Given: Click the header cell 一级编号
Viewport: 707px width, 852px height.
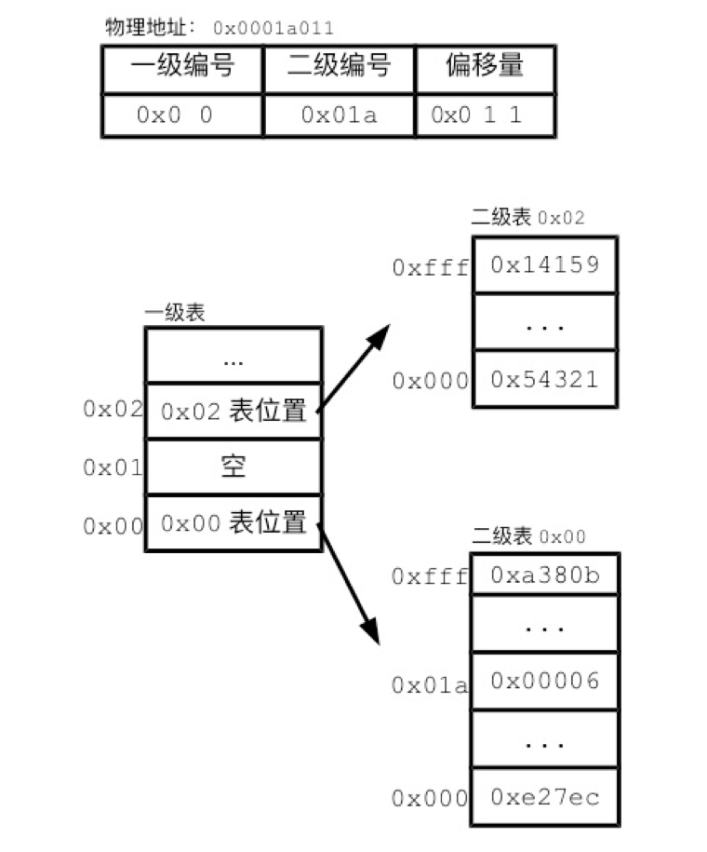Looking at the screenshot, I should click(181, 67).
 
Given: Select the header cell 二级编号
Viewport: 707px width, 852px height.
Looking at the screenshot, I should click(339, 67).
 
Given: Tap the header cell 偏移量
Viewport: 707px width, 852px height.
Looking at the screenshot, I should click(485, 67).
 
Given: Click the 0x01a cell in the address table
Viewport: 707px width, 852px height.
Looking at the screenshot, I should click(339, 115).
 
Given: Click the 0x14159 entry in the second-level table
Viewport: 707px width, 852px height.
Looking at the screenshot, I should click(545, 264).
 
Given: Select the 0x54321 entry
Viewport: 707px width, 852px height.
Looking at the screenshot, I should click(545, 379).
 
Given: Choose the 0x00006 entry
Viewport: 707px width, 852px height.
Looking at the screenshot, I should click(545, 682).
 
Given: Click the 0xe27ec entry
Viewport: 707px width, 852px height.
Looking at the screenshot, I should click(545, 797).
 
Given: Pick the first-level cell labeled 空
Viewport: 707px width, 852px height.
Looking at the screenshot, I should click(233, 466).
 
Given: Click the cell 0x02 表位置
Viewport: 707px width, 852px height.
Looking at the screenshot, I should click(233, 411).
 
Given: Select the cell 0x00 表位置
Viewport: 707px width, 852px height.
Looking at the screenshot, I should click(233, 523).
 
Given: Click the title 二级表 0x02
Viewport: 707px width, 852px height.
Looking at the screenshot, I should click(528, 218).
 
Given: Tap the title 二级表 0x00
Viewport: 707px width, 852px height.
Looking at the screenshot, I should click(528, 536).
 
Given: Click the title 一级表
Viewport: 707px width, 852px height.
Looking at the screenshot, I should click(175, 313).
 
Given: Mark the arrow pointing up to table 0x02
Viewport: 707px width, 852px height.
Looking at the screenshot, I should click(354, 369).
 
